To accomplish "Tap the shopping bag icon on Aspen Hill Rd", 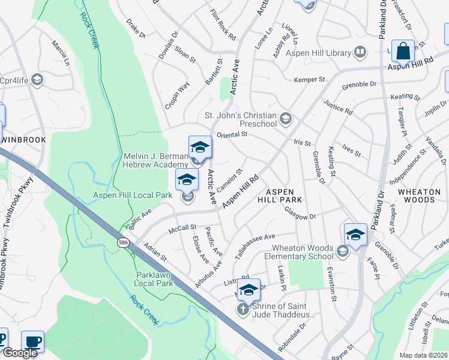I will point(403,52).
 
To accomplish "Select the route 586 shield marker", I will point(123,242).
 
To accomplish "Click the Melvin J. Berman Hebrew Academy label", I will point(156,160).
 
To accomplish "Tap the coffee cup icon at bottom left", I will point(33,342).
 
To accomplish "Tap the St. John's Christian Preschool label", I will point(240,119).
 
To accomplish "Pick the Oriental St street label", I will point(232,134).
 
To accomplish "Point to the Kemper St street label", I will point(309,80).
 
